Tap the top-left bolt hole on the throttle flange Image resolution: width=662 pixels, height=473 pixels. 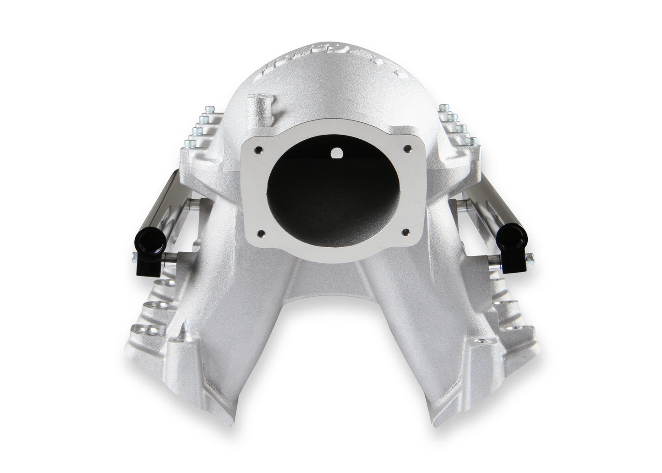(x=259, y=149)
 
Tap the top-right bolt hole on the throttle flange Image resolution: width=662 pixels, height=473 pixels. (x=406, y=149)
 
